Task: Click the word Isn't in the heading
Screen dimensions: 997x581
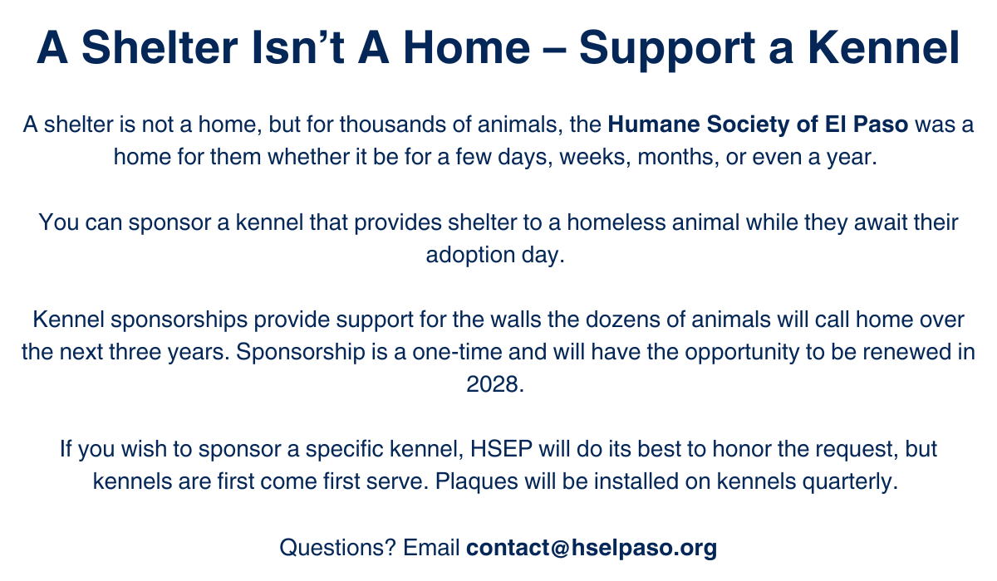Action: [297, 47]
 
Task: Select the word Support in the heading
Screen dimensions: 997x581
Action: [666, 50]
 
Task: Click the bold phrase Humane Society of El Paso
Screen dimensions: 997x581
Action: [758, 124]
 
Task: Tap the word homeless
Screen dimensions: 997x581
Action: [616, 222]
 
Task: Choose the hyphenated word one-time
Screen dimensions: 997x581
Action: [457, 352]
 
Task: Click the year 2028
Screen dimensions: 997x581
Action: [495, 384]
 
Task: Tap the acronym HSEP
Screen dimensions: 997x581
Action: [501, 449]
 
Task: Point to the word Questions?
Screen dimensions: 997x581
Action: [337, 547]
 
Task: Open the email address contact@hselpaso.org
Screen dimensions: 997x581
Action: [592, 548]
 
